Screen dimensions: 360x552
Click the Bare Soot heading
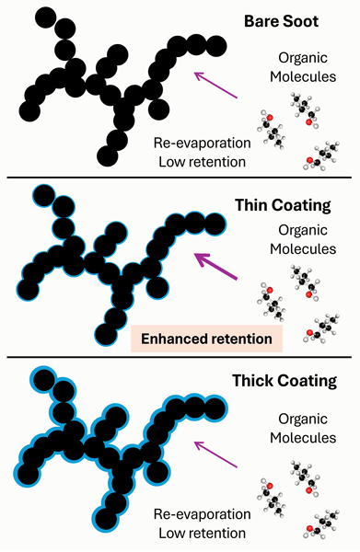coord(281,21)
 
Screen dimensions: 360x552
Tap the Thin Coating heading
coord(283,205)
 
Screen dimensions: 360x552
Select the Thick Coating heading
coord(285,381)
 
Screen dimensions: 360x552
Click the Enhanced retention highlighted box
coord(206,339)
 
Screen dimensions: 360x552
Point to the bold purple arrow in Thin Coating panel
coord(215,266)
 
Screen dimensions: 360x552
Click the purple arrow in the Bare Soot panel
coord(216,85)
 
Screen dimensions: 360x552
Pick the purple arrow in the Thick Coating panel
coord(216,454)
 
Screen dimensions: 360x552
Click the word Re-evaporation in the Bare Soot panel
coord(203,143)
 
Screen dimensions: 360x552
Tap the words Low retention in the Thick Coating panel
coord(203,533)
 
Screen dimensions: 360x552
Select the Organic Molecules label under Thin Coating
coord(303,239)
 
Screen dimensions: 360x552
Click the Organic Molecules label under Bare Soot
coord(303,67)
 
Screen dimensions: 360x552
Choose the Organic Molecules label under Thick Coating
coord(303,428)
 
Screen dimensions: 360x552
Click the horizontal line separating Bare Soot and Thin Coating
coord(180,178)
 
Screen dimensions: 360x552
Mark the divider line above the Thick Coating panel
coord(180,358)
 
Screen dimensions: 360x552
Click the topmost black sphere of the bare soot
coord(45,17)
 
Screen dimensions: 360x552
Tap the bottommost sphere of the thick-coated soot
coord(107,519)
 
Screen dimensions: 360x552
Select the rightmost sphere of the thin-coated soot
coord(215,224)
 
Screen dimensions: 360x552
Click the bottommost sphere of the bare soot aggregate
coord(108,155)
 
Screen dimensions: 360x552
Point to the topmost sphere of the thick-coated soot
coord(43,379)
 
